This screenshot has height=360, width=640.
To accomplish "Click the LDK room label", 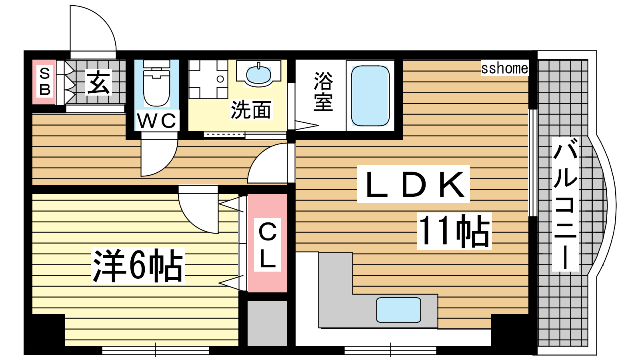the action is [414, 184].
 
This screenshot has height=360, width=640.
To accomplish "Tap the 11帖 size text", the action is [454, 231].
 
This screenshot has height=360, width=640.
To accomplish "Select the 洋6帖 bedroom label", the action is [138, 266].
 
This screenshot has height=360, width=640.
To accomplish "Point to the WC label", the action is [156, 120].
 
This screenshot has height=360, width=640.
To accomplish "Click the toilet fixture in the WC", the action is [156, 82].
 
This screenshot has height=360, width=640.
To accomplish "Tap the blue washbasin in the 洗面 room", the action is [258, 74].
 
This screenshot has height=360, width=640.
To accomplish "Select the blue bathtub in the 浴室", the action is [370, 96].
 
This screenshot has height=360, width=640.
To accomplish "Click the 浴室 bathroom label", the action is [323, 91].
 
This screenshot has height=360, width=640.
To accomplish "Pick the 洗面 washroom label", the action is [251, 110].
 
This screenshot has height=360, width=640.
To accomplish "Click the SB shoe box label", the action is [45, 82].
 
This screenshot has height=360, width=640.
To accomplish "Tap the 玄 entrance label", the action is [98, 83].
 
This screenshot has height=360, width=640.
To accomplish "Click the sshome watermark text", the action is [504, 68].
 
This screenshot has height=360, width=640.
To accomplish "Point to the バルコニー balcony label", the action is [565, 204].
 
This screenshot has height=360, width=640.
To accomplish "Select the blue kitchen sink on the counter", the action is [398, 310].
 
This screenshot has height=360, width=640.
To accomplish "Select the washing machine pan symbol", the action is [208, 79].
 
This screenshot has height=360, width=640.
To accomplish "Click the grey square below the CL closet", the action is [267, 324].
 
